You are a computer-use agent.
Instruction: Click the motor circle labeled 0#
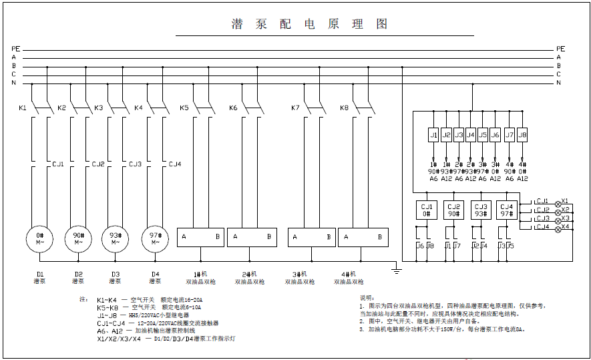pos(39,238)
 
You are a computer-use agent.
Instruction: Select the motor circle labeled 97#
pos(155,238)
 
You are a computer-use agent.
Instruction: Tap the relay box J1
pos(433,135)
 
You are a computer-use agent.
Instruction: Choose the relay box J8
pos(522,135)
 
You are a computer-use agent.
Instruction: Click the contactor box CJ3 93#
pos(481,210)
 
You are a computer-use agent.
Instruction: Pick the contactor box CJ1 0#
pos(427,210)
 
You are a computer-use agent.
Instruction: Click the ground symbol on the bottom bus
pos(397,270)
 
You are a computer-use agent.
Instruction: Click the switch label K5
pos(184,108)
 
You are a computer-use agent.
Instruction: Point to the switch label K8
pos(344,108)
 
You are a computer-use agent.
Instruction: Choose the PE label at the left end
pos(15,49)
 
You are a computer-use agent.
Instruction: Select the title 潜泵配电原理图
pos(309,24)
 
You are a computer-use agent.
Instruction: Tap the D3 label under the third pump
pos(116,274)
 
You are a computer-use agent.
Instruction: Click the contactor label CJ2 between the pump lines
pos(98,164)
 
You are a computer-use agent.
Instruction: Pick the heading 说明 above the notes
pos(367,297)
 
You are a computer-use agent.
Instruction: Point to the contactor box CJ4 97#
pos(508,210)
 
